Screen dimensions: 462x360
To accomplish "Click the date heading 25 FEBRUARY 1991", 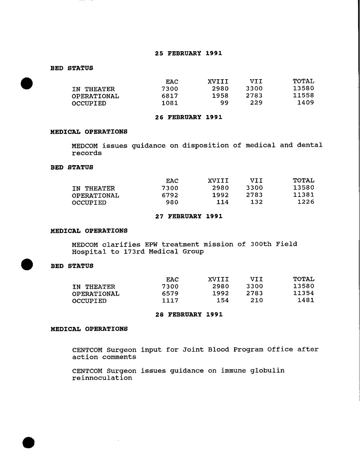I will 188,54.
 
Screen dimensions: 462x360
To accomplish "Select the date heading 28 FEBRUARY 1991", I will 189,315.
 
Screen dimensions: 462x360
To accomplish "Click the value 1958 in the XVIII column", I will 220,96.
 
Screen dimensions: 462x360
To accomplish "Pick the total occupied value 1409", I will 305,103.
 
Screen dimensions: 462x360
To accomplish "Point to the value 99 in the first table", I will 224,103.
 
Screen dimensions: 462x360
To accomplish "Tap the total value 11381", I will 304,196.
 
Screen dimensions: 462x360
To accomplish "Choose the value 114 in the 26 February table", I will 222,202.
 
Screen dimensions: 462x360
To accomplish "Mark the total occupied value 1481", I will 305,301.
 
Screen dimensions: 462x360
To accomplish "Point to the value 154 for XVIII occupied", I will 222,301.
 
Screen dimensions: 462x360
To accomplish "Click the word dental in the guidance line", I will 310,146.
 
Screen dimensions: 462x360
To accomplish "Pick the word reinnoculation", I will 102,378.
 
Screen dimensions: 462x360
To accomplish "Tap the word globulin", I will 267,371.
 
